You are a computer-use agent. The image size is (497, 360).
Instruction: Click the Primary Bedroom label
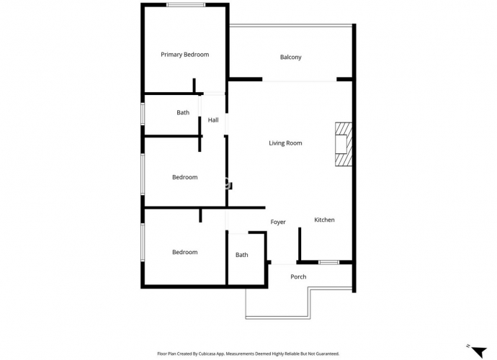[x=185, y=55]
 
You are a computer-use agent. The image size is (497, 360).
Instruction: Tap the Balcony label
[x=291, y=57]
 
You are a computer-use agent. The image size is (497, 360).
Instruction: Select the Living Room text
[x=285, y=143]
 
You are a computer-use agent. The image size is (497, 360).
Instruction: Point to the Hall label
[x=213, y=120]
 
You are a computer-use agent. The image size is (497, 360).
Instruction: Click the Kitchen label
[x=324, y=220]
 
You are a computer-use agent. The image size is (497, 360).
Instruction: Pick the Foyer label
[x=278, y=222]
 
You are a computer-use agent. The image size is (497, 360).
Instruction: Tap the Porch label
[x=298, y=276]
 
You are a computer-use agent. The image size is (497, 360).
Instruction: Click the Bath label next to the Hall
[x=183, y=112]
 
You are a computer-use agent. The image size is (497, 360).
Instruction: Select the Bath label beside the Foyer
[x=241, y=255]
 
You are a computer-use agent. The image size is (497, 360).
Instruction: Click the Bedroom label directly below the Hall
[x=185, y=177]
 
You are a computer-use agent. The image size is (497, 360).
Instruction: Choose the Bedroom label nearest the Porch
[x=185, y=252]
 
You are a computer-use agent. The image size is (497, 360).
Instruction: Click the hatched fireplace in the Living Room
[x=344, y=144]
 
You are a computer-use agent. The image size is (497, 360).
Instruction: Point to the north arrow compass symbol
[x=478, y=351]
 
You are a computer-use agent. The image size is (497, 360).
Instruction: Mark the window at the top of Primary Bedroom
[x=186, y=5]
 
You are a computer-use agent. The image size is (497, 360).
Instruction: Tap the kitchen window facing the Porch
[x=328, y=262]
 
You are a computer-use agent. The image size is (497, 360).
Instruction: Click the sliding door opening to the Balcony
[x=299, y=81]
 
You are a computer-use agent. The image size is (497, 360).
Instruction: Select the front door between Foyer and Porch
[x=284, y=264]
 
